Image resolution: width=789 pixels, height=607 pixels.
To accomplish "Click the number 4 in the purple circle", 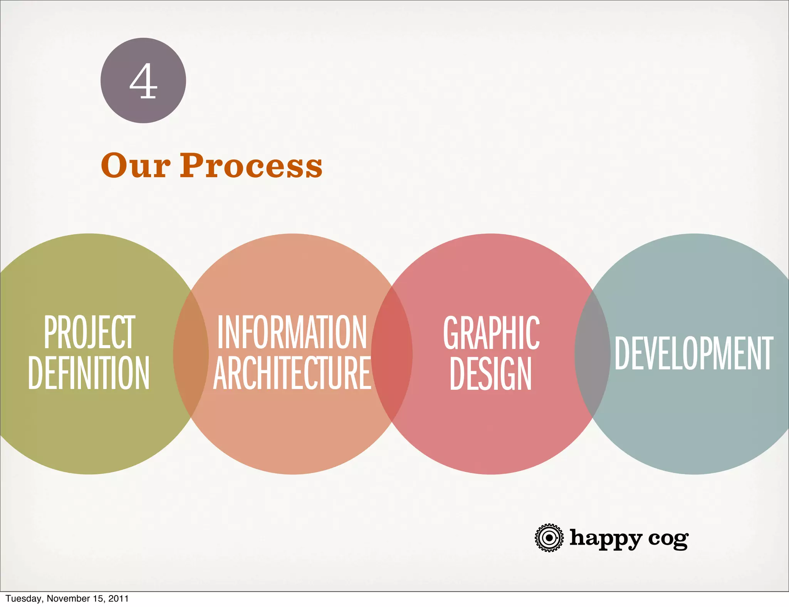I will point(143,81).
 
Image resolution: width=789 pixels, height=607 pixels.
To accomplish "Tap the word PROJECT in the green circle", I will point(89,332).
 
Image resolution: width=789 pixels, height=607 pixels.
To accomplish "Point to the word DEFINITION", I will point(89,372).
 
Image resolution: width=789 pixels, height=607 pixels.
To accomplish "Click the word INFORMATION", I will point(292,332).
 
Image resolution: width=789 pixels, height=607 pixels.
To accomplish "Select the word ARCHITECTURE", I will point(292,372).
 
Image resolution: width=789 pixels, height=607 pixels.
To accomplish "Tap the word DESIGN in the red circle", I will point(490,373).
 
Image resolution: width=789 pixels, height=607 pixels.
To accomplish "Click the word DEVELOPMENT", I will point(694,353).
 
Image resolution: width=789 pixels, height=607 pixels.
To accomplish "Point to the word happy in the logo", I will point(606,538).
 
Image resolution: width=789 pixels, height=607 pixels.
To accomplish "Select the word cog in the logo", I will point(668,539).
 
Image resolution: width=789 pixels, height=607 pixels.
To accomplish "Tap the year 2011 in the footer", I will point(118,599).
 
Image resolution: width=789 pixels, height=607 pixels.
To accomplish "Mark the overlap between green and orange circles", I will point(191,354).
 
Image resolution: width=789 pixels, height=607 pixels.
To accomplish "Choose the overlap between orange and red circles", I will point(392,354).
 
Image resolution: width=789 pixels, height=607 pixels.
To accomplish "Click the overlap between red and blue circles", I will point(593,354).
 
